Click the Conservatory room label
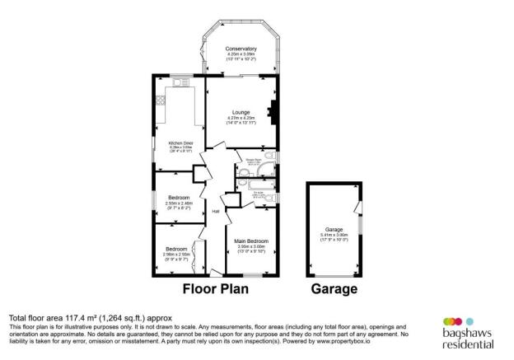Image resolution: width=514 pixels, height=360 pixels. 241,49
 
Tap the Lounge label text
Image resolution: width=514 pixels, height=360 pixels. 241,114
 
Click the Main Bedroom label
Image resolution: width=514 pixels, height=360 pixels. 251,241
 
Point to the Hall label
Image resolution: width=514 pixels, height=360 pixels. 216,211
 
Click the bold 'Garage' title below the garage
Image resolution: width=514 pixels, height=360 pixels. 334,290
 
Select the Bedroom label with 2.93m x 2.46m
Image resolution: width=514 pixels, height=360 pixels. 179,199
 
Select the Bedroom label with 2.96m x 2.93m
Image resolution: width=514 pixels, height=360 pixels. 175,249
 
